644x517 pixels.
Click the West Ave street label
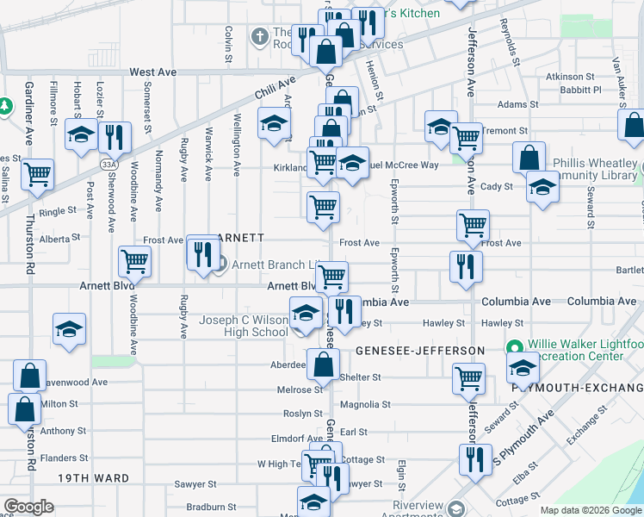[153, 73]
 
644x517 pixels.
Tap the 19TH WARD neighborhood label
[93, 478]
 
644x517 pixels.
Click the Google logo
[29, 507]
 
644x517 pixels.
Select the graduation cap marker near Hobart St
[81, 135]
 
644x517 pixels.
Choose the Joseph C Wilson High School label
[244, 326]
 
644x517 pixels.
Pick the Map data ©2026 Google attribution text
[590, 510]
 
